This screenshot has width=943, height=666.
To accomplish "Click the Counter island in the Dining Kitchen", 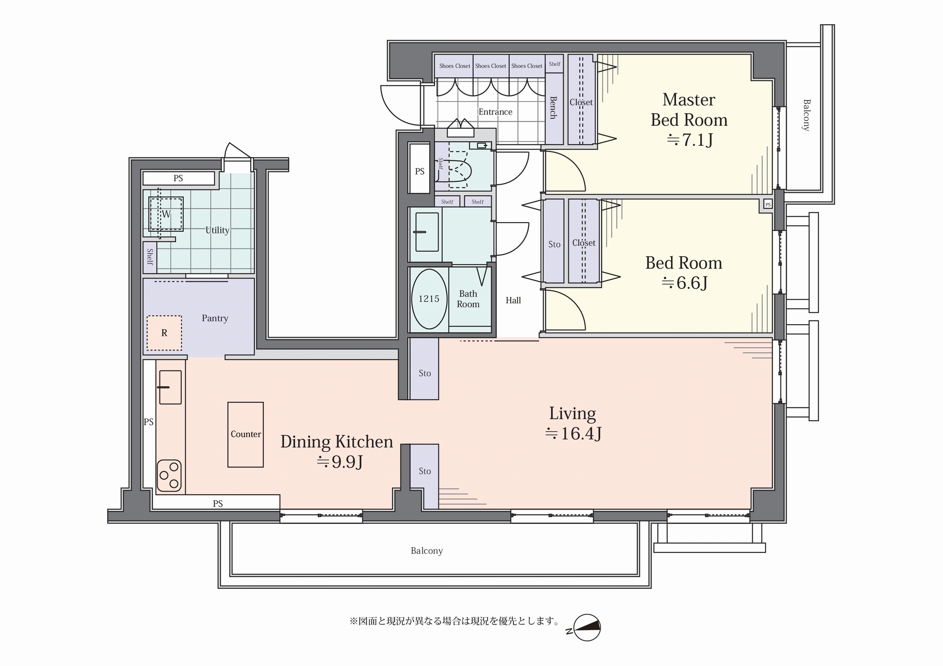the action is point(246,435).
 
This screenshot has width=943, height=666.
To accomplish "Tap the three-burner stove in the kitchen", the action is point(169,476).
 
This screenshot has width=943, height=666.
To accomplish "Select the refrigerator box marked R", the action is point(164,333).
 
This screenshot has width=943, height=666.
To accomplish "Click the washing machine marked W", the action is point(166,214).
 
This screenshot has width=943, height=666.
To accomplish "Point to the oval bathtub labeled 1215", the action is point(429,299).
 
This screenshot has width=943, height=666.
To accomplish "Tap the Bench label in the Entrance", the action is point(553,108).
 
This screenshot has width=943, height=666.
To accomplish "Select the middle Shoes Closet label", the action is point(491,66).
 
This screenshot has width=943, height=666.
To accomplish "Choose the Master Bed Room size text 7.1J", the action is point(690,140).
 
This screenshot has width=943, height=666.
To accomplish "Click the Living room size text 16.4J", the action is point(574,434).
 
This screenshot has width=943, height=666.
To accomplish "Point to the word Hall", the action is point(513,300).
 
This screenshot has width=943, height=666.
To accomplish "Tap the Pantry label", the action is point(215,319).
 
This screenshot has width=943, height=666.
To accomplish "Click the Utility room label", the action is point(218,230).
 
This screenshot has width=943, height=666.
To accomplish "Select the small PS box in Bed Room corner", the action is point(768,204).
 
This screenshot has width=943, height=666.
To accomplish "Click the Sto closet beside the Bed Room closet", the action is point(554,241).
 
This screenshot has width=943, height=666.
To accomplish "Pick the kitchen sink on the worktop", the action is point(170,387).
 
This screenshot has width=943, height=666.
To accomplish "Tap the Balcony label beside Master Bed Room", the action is point(806,115).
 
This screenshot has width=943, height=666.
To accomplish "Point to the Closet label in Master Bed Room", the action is point(581,102).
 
